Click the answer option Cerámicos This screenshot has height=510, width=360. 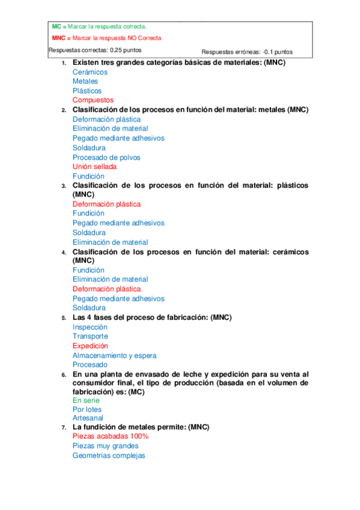coord(90,72)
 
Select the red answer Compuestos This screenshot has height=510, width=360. coord(93,100)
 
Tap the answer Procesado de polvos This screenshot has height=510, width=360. coord(106,158)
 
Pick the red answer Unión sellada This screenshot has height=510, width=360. coord(94,167)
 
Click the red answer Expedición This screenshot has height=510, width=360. coord(90,346)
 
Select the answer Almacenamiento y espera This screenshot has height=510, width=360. coord(114,355)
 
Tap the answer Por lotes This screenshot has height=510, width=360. coord(87,410)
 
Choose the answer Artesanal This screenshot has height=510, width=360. coord(88,418)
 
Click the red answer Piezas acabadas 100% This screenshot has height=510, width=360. coord(111,436)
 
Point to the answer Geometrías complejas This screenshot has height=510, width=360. coord(109,456)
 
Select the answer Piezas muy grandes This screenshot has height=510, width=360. coord(105,446)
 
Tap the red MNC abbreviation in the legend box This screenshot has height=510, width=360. coord(58,38)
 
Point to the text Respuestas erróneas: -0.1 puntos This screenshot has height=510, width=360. coord(247,52)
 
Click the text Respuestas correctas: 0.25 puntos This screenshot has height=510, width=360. coord(95,50)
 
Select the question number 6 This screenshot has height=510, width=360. coord(64,374)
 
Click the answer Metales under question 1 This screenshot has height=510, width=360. coord(85,81)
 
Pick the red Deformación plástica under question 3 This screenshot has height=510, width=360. coord(106,204)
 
